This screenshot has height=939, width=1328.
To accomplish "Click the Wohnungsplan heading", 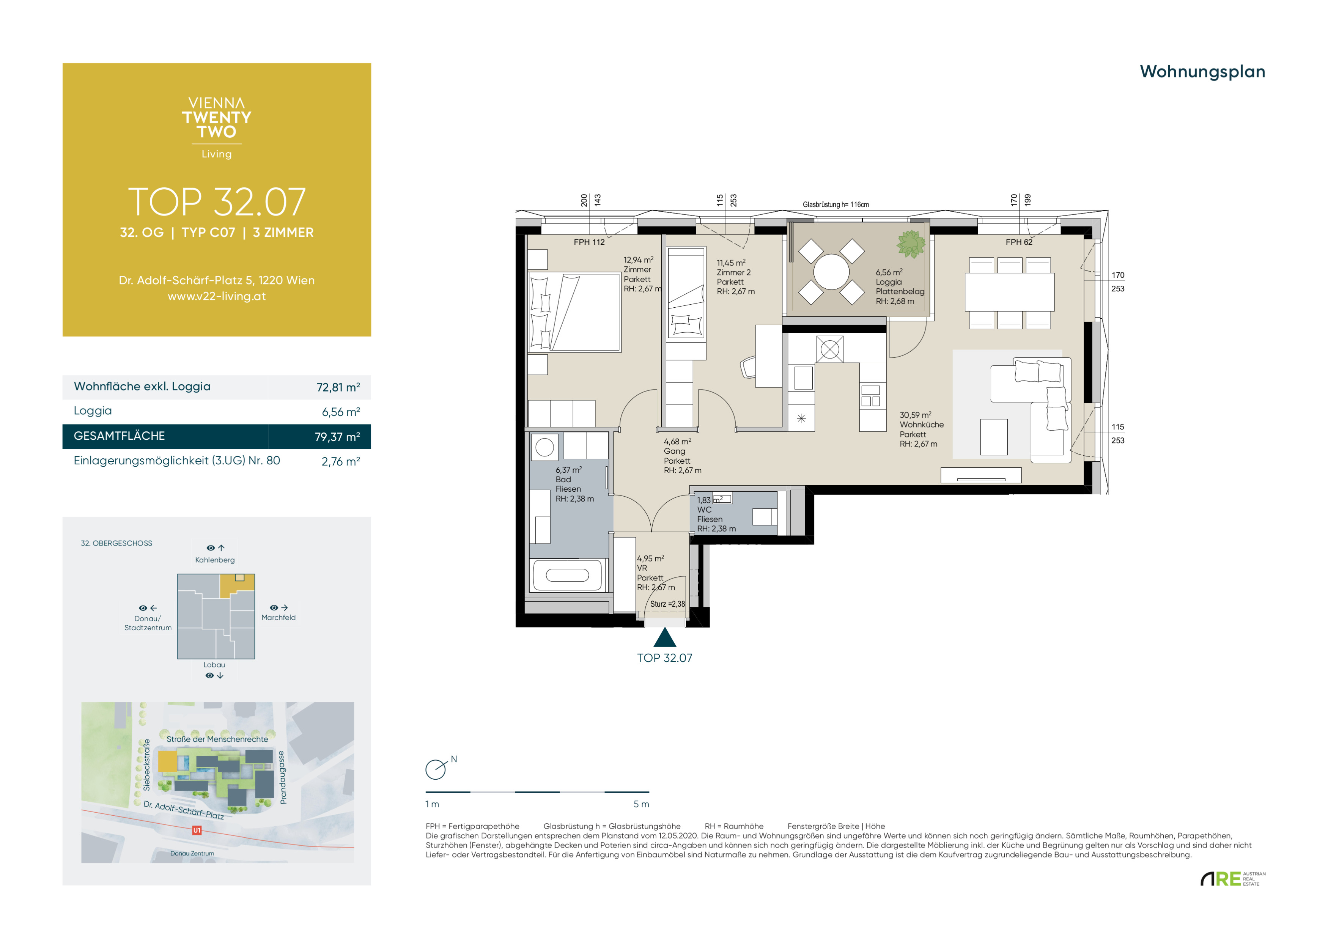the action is tap(1202, 72).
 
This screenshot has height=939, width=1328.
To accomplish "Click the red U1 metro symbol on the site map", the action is tap(197, 830).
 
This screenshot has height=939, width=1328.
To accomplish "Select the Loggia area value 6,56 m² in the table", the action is tap(341, 412).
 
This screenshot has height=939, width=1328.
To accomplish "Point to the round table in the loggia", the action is tap(831, 272).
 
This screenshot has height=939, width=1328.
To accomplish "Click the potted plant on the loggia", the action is tap(911, 244).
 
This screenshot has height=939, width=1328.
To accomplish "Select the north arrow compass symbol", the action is tap(437, 768).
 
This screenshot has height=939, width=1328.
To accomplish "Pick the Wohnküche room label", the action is tap(921, 425).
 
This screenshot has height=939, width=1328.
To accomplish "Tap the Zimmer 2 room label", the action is tap(733, 272).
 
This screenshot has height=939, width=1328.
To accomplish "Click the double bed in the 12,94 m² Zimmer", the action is tap(574, 312).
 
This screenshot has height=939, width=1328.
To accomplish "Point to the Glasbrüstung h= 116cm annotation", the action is tap(836, 205).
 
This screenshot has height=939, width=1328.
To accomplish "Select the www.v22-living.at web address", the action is tap(217, 296).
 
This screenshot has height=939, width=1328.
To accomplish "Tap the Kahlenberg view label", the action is tap(215, 560).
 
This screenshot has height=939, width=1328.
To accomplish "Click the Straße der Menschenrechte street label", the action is tap(217, 739).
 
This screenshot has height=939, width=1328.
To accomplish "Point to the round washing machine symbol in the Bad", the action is tap(544, 447).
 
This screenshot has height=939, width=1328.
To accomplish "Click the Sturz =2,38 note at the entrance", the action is tap(667, 604).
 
